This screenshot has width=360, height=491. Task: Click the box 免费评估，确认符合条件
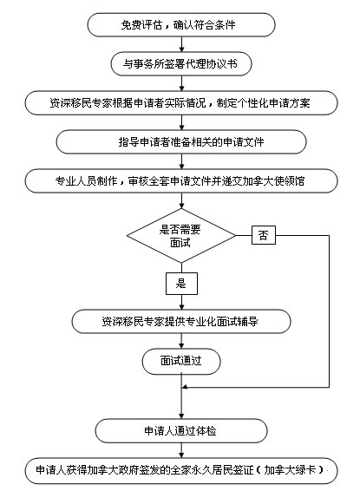[181, 25]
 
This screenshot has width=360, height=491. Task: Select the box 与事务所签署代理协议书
[181, 64]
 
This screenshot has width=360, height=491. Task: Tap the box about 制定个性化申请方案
[181, 103]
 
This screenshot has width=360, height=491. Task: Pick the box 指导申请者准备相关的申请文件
[181, 142]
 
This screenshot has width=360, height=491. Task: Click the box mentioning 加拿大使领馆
[181, 181]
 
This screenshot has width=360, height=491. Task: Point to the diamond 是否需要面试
[181, 235]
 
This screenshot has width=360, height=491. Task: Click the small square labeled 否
[264, 235]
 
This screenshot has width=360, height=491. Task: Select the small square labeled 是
[181, 284]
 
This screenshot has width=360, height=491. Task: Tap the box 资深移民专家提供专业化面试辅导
[181, 322]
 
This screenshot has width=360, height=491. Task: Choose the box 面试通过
[181, 362]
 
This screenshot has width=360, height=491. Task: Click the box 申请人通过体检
[181, 431]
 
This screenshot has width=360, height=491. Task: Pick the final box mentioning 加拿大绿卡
[181, 470]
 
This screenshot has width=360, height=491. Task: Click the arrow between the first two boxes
[181, 44]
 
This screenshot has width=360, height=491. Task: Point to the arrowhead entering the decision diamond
[181, 206]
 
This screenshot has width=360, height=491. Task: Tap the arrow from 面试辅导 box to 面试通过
[181, 341]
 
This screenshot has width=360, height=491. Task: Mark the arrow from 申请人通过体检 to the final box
[181, 450]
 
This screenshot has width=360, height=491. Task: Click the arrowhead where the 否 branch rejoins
[185, 388]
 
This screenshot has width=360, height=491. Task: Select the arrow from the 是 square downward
[181, 302]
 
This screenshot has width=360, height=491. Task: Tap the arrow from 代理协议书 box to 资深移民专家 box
[181, 83]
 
